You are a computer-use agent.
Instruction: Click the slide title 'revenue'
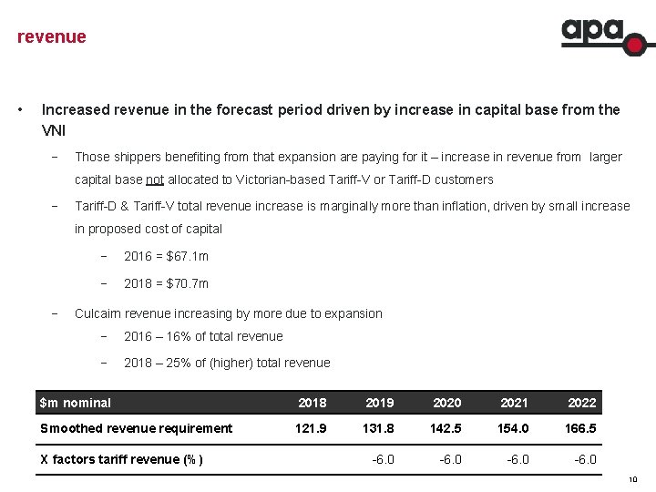click(52, 37)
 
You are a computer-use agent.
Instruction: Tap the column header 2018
click(313, 403)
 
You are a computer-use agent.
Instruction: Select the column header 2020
click(446, 403)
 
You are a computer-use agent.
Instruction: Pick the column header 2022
click(581, 403)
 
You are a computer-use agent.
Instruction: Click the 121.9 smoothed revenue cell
click(313, 428)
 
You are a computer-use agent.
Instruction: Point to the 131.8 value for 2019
click(379, 428)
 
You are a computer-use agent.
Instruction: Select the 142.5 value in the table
click(446, 428)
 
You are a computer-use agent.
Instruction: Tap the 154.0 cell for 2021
click(514, 428)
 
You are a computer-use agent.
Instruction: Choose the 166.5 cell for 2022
click(581, 428)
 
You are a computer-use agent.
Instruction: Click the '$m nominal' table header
click(76, 403)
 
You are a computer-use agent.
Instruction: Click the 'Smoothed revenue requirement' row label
click(137, 428)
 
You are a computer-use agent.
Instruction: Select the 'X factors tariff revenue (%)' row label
click(122, 459)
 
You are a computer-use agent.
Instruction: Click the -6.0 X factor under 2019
click(383, 459)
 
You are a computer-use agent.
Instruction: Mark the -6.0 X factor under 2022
click(585, 459)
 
